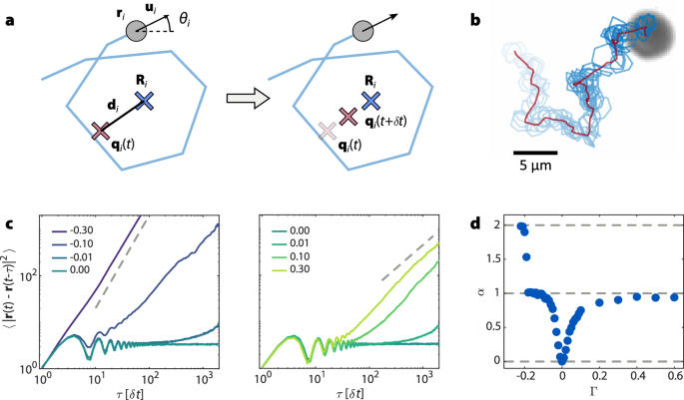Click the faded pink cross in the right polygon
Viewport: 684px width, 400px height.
click(x=327, y=132)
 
